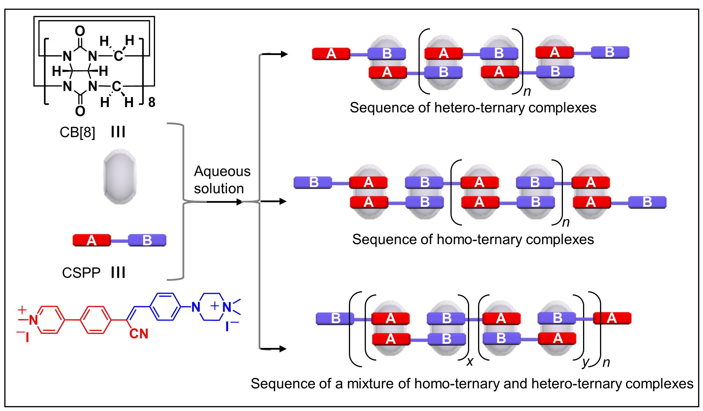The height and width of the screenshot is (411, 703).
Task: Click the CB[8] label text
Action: point(77,132)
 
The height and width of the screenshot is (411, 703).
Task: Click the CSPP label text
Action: point(81,272)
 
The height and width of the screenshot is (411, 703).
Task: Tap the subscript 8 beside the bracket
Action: point(152,102)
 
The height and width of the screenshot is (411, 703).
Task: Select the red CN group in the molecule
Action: point(139,334)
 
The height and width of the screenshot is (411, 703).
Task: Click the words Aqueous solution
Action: point(222,180)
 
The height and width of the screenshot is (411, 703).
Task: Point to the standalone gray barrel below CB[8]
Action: point(120,177)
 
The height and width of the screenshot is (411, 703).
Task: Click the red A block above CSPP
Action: point(91,240)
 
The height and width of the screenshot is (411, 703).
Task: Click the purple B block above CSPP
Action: point(147,240)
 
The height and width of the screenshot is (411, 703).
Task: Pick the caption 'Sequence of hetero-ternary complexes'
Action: point(473,108)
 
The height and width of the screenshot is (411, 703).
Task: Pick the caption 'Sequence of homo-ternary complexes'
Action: point(473,239)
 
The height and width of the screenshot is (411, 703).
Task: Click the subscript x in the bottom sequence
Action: point(470,361)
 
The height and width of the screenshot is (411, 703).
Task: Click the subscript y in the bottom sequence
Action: point(586,362)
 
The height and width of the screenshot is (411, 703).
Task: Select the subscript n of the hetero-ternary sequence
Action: point(527,92)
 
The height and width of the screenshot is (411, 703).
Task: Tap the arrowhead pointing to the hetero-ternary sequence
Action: point(284,54)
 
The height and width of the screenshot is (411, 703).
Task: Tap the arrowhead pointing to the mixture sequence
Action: point(283,349)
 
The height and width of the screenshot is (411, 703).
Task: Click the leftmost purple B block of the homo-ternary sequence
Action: point(313,183)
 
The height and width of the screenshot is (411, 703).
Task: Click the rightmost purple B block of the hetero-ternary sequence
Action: point(610,52)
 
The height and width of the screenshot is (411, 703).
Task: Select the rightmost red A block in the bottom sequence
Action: point(612,318)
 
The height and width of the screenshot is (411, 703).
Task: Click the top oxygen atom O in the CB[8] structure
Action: point(80,31)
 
